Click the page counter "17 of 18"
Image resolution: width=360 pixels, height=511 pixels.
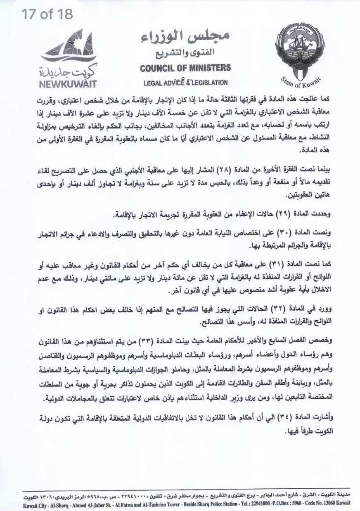coord(47,14)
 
